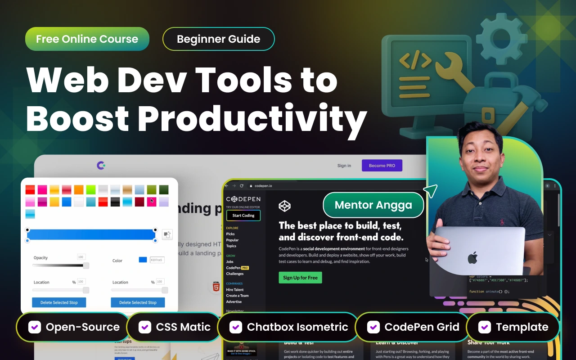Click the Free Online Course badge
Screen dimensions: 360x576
coord(87,39)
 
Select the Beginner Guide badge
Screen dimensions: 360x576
coord(218,39)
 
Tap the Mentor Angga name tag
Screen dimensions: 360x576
coord(373,205)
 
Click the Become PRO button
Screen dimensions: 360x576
coord(382,166)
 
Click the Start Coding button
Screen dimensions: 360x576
coord(243,216)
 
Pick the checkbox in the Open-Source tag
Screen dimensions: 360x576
coord(35,327)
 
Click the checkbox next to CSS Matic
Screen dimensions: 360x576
coord(145,327)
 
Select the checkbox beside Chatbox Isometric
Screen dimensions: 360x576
coord(236,327)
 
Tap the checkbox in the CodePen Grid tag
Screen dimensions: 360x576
coord(373,327)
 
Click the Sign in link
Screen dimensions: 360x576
coord(344,166)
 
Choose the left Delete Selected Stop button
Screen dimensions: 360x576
coord(59,302)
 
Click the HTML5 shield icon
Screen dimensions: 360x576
coord(216,287)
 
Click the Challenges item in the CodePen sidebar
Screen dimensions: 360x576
coord(235,274)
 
